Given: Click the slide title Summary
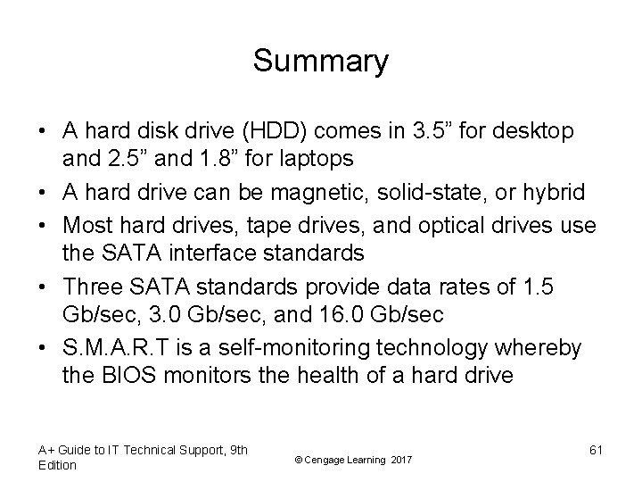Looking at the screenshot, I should (320, 62).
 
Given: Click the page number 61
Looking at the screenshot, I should (596, 449).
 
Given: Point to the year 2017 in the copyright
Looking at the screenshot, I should (402, 459).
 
